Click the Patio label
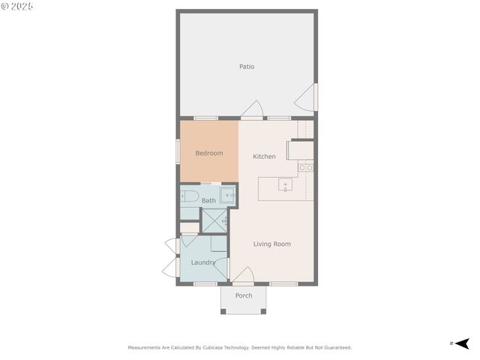[x=247, y=67]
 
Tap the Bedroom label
[x=209, y=153]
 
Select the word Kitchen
[x=264, y=157]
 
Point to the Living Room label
[x=271, y=244]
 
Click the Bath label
[x=208, y=200]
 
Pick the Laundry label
[x=203, y=262]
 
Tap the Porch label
[x=244, y=295]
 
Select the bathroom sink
[x=228, y=196]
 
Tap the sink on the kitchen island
[x=286, y=184]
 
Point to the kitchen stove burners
[x=305, y=168]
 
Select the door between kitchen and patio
[x=252, y=109]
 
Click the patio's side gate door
[x=306, y=97]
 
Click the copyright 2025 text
[x=18, y=6]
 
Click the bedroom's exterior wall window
[x=178, y=149]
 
